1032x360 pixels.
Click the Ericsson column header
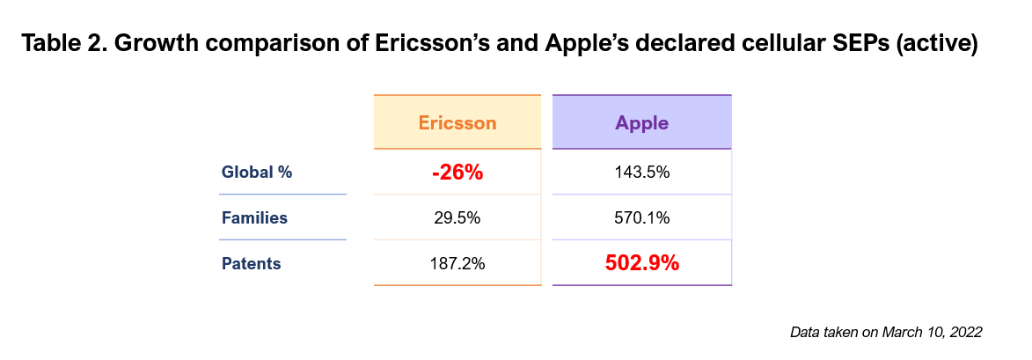click(x=457, y=122)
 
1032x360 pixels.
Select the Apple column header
click(x=641, y=123)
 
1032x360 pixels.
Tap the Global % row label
click(x=257, y=173)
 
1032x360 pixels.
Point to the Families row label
click(x=255, y=217)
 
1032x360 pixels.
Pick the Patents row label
click(x=252, y=264)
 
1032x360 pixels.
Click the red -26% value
click(x=457, y=173)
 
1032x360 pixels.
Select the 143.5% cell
click(x=641, y=173)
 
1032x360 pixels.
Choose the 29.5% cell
click(x=457, y=217)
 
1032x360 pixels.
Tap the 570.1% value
click(x=641, y=217)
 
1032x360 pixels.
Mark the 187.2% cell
click(x=457, y=264)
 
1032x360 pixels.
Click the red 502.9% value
click(x=641, y=263)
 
